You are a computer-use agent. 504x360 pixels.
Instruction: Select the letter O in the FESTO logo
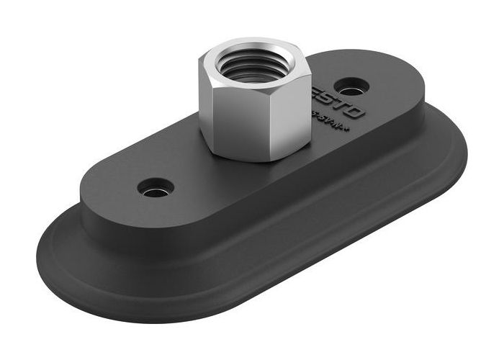357,113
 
